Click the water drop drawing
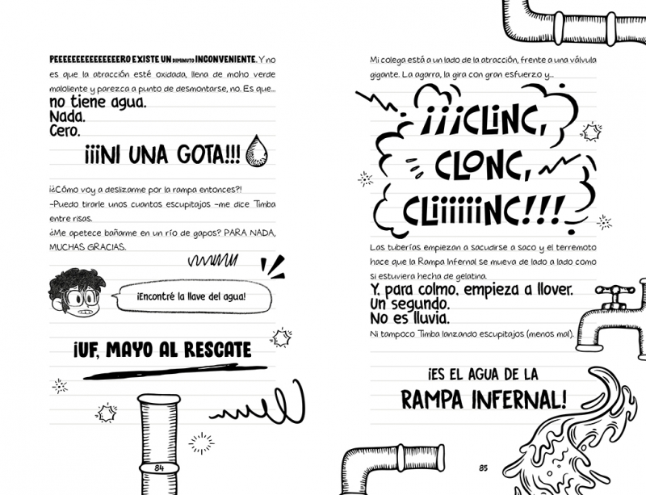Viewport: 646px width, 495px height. (x=256, y=151)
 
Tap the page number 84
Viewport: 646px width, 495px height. (x=159, y=468)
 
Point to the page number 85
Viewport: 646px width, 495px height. (x=483, y=468)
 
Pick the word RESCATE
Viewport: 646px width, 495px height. (x=217, y=350)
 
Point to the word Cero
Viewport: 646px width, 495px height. (x=65, y=131)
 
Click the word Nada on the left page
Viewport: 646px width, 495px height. (x=67, y=116)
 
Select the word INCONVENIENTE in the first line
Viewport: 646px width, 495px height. (x=226, y=59)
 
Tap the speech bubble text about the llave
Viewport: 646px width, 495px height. (x=191, y=296)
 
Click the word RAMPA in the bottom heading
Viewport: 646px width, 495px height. (x=432, y=399)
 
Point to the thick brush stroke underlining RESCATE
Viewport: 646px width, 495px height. (x=175, y=371)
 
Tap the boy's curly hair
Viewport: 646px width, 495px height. (x=76, y=280)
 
